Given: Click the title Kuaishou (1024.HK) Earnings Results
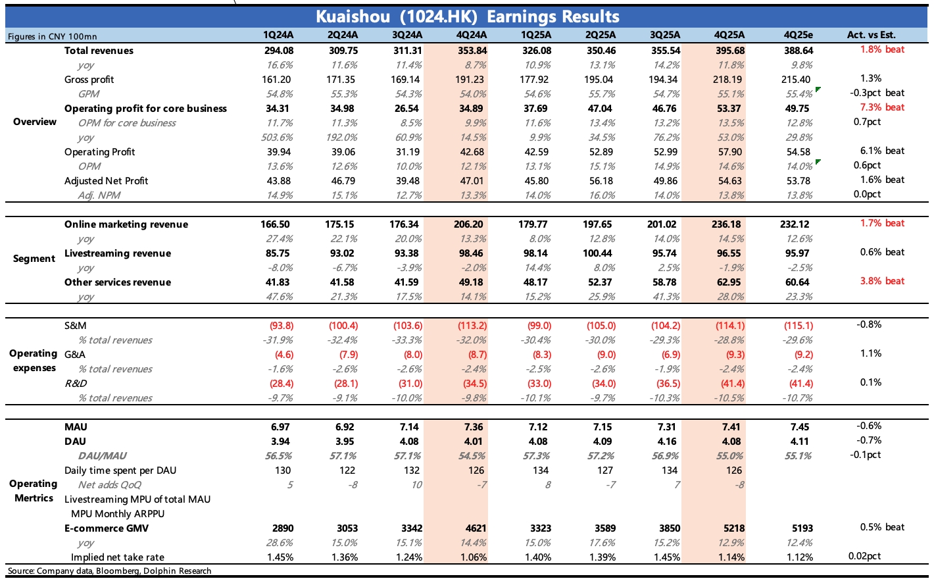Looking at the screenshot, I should click(467, 16).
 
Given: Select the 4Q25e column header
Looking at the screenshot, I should click(798, 35).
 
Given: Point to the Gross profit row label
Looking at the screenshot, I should click(89, 80).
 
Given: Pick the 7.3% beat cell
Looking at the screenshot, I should click(882, 107).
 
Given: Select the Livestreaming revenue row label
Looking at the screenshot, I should click(117, 253).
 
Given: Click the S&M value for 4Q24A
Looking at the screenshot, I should click(470, 326).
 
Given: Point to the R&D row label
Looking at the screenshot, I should click(76, 384).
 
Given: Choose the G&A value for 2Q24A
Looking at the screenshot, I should click(344, 355).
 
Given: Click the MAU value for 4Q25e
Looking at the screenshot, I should click(799, 427).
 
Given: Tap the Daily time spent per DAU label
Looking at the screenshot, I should click(120, 470).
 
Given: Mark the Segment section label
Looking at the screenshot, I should click(34, 259).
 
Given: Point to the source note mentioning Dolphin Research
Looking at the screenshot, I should click(110, 571).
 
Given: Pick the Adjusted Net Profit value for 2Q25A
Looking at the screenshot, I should click(600, 181).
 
